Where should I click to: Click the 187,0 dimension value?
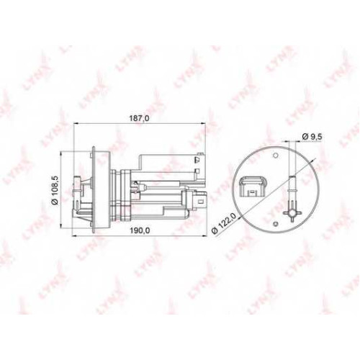click(139, 119)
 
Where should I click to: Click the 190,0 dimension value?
click(140, 230)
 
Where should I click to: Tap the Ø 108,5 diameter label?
click(55, 190)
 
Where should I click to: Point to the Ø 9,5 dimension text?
click(312, 137)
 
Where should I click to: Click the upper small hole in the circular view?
click(276, 156)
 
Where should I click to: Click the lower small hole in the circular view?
click(276, 224)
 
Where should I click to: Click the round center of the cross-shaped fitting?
click(292, 212)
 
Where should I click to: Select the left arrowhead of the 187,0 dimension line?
click(76, 123)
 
